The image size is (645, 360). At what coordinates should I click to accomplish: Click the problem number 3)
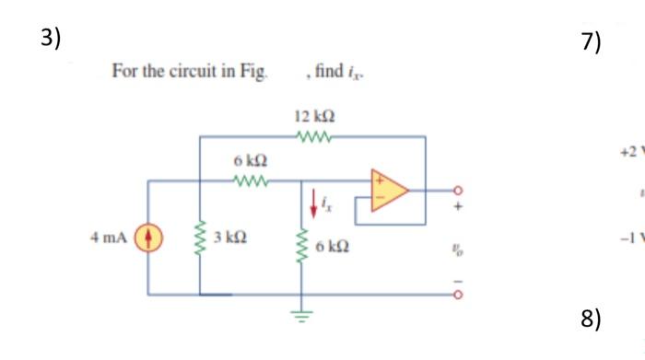51,38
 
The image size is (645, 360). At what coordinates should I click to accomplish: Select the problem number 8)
591,319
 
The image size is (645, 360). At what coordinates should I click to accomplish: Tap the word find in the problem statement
328,71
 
